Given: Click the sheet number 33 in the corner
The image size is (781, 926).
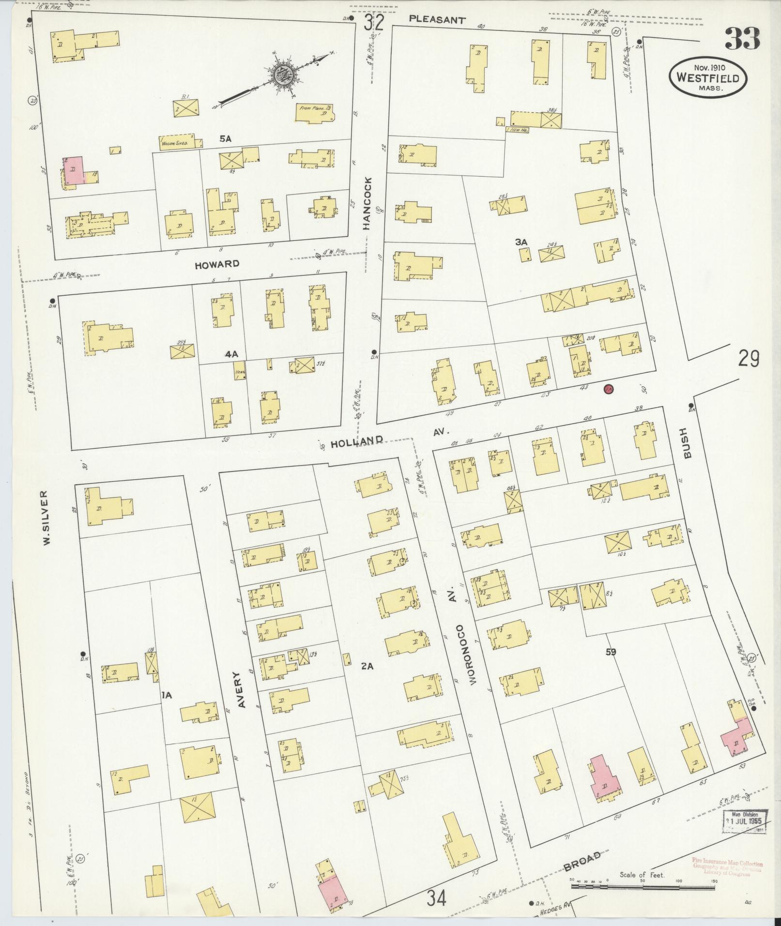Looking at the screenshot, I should [x=742, y=38].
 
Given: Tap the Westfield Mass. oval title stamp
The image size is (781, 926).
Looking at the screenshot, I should [x=708, y=77].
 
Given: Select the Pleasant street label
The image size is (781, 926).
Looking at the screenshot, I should [x=437, y=20].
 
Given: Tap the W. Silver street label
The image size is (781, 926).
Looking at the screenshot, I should [x=46, y=517].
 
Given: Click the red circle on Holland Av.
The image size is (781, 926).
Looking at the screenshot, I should [x=609, y=388].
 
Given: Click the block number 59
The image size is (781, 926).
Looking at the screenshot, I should [x=610, y=652].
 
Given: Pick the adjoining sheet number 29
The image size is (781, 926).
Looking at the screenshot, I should [x=749, y=359].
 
